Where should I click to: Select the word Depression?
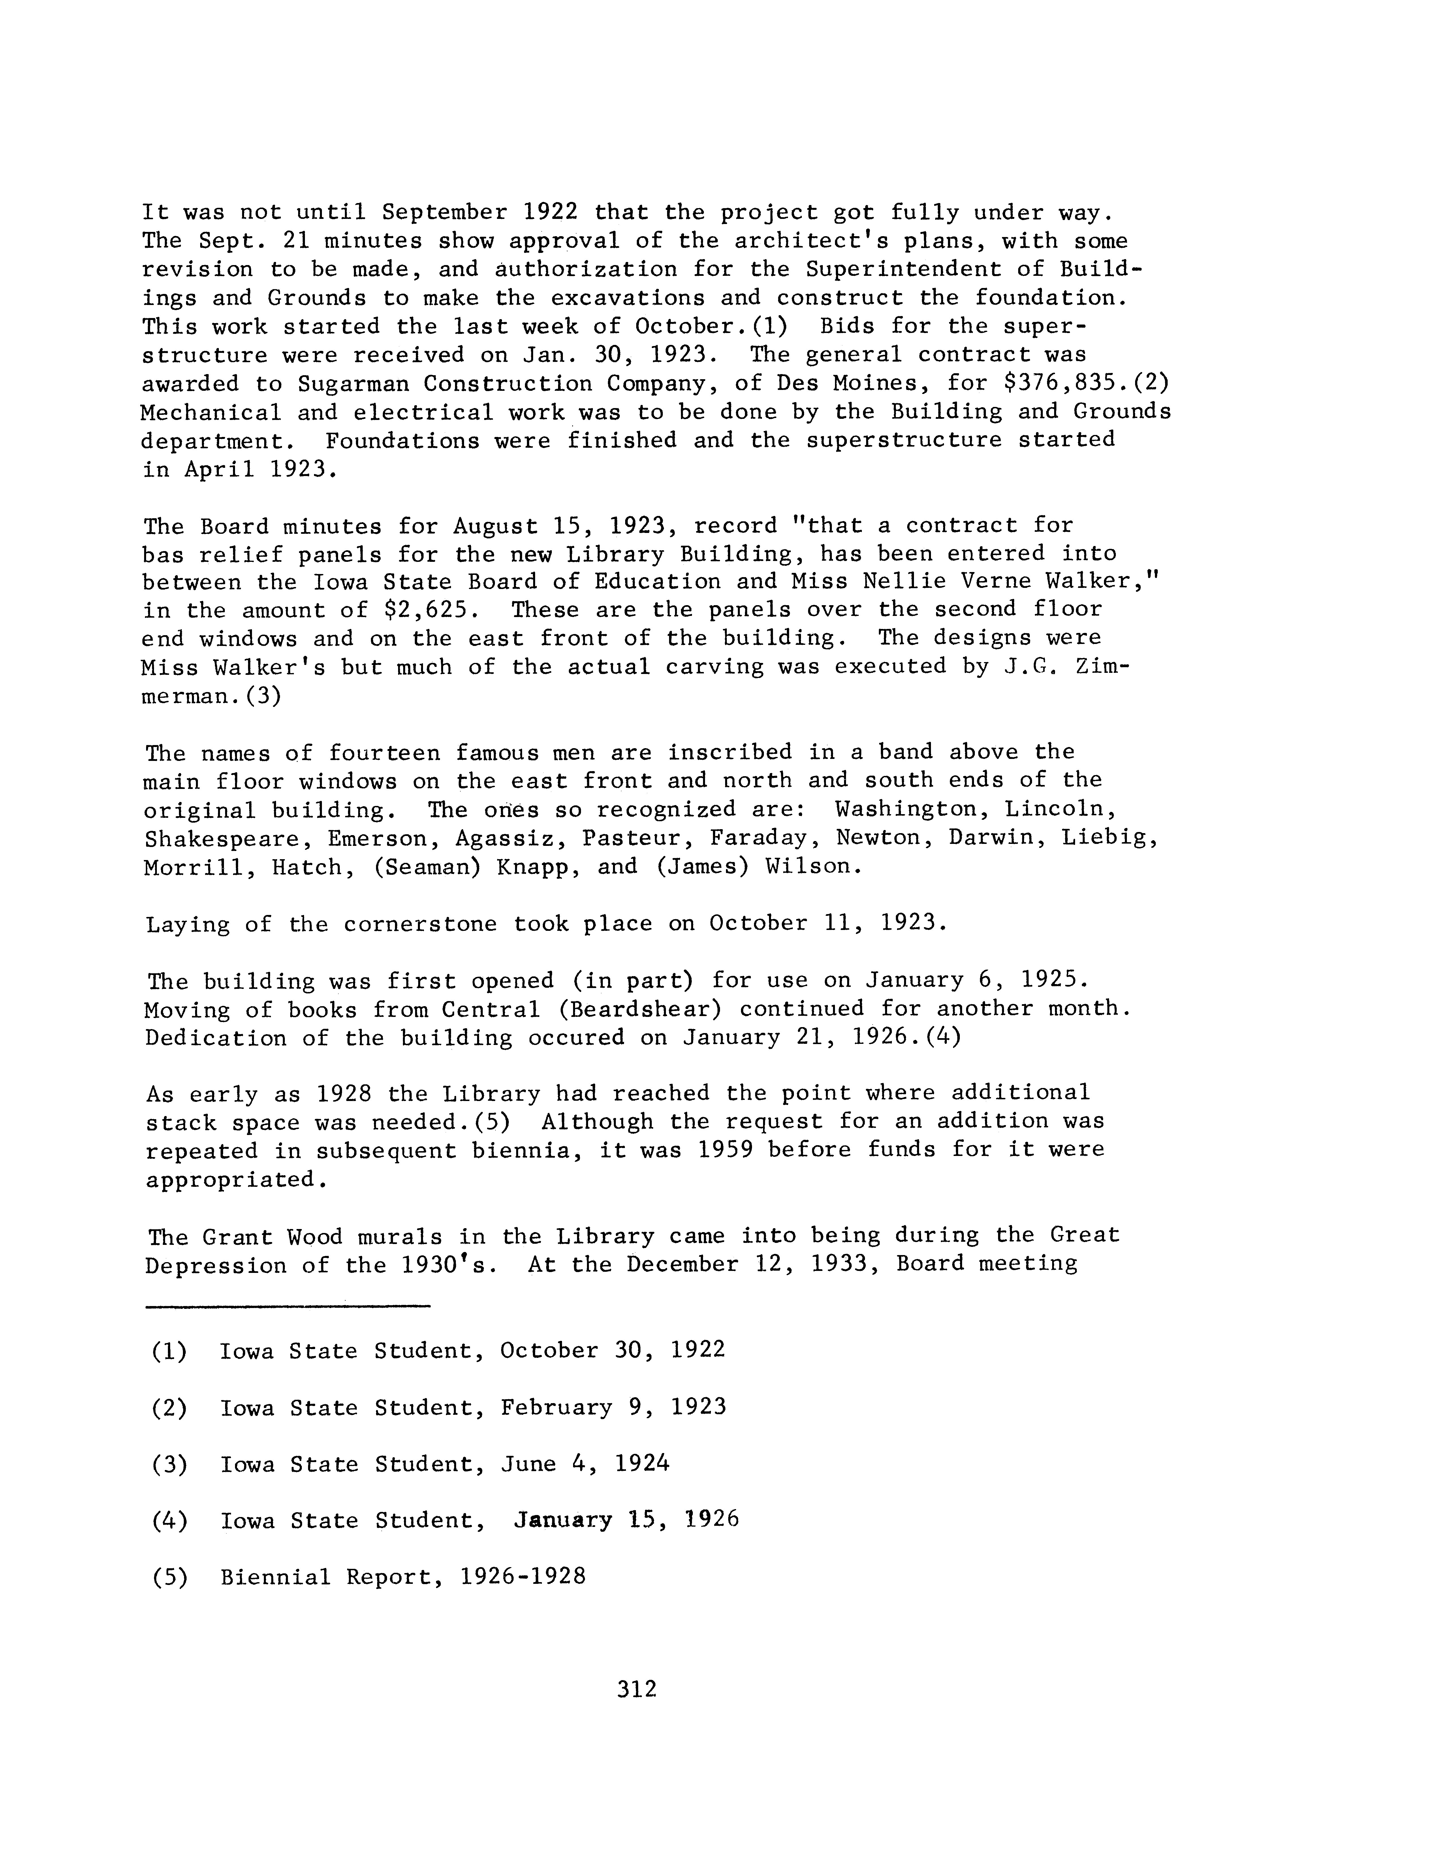pos(215,1265)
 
